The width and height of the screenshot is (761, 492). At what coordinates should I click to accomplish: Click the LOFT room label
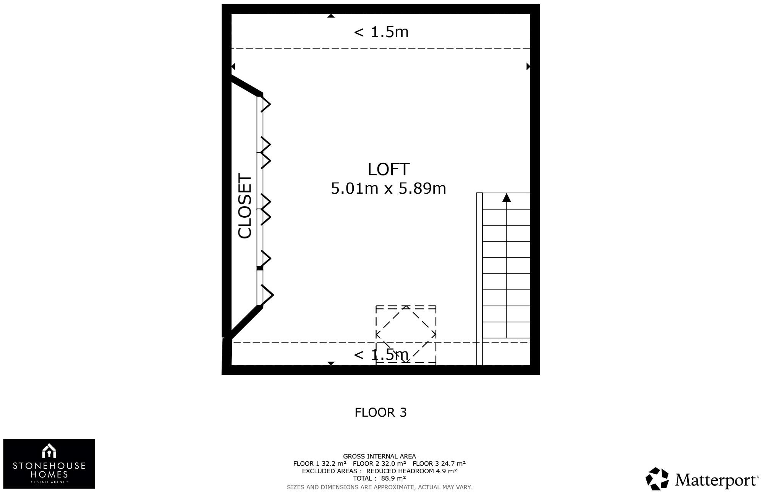[x=388, y=169]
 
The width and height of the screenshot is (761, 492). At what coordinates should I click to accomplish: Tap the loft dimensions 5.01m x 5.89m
[x=388, y=188]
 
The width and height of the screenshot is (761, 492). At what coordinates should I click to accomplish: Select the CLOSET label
[x=245, y=206]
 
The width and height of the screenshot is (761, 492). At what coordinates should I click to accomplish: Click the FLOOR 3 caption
[x=380, y=413]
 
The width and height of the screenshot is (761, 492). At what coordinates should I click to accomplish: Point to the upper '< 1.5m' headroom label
[x=381, y=32]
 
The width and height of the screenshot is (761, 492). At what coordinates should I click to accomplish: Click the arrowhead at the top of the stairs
[x=507, y=197]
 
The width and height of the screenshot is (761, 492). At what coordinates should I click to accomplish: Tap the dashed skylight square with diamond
[x=406, y=335]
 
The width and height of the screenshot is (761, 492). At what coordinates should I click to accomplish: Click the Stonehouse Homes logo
[x=49, y=464]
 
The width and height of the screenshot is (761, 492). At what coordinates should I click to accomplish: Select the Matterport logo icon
[x=657, y=479]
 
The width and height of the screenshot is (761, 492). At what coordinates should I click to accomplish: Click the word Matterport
[x=716, y=480]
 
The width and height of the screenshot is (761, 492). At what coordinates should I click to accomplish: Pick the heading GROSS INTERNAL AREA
[x=379, y=456]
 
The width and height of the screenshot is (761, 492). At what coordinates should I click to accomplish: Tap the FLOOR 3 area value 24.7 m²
[x=453, y=464]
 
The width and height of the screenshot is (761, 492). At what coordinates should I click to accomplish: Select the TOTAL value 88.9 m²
[x=393, y=478]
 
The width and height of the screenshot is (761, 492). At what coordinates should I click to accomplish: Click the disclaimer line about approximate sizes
[x=379, y=487]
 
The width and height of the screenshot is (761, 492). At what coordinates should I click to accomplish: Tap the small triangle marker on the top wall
[x=331, y=16]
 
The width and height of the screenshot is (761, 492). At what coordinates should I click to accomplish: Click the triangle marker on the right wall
[x=528, y=66]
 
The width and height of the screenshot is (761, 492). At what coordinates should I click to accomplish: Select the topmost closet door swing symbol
[x=266, y=104]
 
